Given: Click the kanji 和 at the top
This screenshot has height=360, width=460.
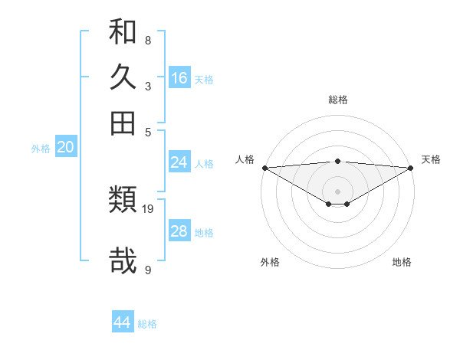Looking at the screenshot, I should click(x=123, y=33).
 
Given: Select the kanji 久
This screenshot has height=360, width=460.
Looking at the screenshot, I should click(x=123, y=77).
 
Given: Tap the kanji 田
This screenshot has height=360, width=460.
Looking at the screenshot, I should click(x=123, y=123).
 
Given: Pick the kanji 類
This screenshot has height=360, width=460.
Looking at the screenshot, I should click(x=123, y=200).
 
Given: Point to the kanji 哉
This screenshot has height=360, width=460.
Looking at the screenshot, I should click(x=123, y=260).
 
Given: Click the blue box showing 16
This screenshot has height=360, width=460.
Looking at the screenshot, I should click(x=179, y=78).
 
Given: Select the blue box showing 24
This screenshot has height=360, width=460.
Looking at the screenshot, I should click(x=179, y=162).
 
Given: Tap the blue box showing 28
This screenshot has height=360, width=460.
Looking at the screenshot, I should click(x=179, y=231).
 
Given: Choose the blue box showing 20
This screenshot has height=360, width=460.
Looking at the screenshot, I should click(x=65, y=148).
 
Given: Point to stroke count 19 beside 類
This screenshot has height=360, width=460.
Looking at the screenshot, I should click(x=148, y=208).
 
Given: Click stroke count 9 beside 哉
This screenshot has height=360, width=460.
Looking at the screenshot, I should click(x=148, y=270).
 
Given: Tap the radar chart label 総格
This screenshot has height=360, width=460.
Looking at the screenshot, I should click(x=338, y=100).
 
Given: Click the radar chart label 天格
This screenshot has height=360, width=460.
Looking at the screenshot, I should click(x=431, y=159).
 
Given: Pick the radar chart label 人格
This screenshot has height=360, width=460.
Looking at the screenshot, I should click(x=245, y=159).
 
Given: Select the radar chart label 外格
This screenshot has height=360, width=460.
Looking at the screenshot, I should click(x=270, y=262).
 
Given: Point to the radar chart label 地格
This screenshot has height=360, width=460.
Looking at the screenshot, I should click(x=402, y=262).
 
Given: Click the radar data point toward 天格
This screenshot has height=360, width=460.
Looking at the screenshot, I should click(x=411, y=168).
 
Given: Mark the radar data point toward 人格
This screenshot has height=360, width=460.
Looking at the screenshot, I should click(x=264, y=168).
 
